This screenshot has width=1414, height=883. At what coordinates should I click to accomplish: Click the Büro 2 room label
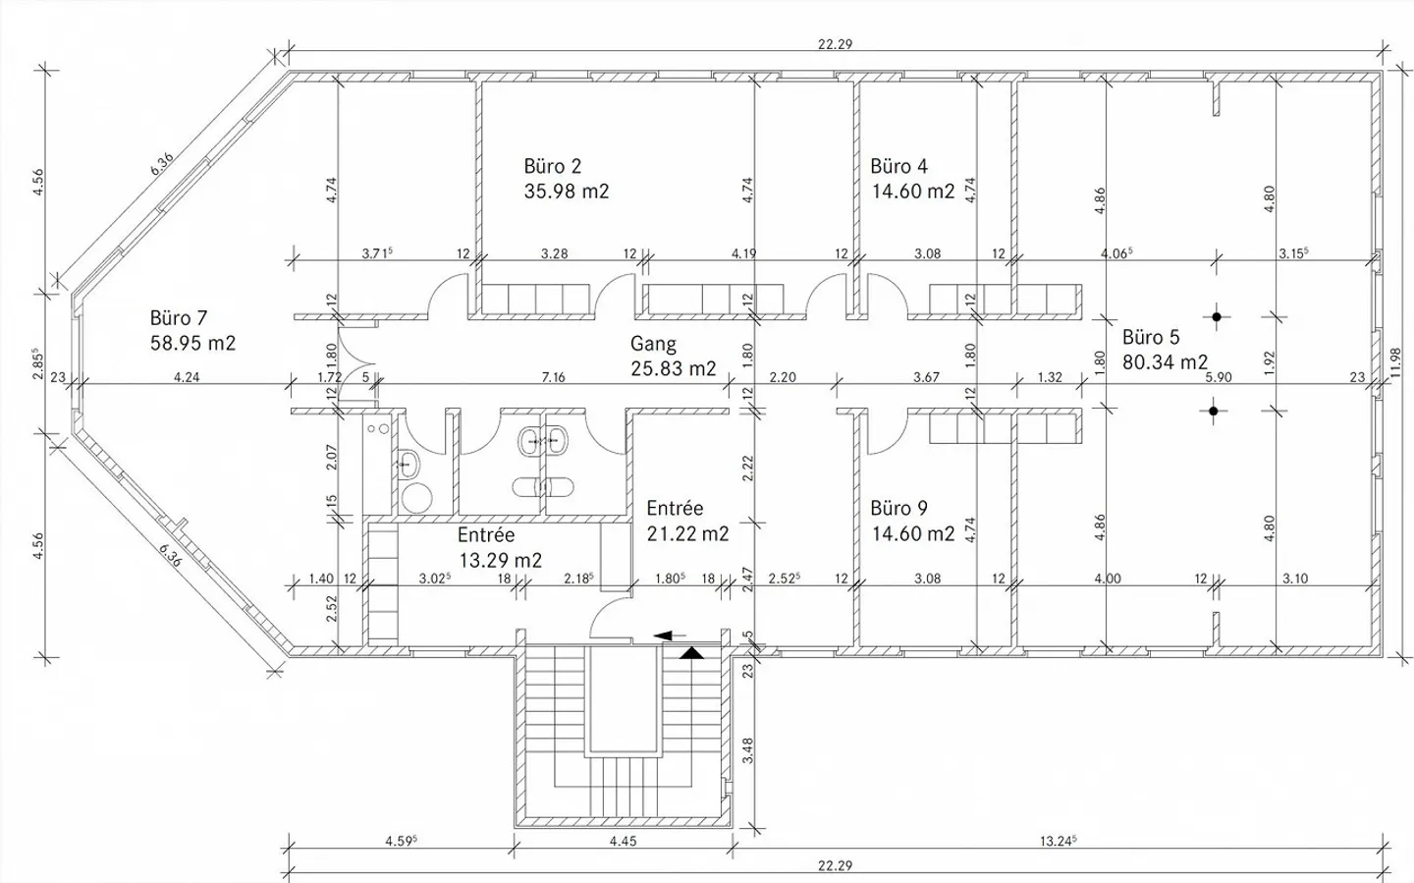coord(553,166)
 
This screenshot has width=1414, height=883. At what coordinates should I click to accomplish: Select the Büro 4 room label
coord(898,166)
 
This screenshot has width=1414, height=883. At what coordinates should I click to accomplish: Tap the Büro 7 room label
coord(179,318)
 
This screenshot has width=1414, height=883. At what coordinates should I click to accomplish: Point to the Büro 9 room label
coord(898,508)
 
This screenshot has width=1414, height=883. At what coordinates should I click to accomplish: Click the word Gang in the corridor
coord(653,344)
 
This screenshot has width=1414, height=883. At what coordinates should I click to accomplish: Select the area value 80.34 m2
coord(1165,361)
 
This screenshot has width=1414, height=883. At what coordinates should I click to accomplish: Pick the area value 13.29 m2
coord(500,560)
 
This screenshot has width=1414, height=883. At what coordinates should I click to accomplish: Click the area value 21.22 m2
coord(687,533)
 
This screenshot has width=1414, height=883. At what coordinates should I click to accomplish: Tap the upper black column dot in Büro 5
coord(1217,316)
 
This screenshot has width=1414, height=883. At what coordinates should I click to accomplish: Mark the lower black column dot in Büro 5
coord(1214,412)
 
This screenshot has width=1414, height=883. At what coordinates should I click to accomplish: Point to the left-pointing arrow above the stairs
coord(670,635)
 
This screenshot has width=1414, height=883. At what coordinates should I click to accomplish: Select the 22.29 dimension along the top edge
coord(834,43)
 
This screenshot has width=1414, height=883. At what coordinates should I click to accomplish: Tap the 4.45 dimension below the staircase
coord(623,841)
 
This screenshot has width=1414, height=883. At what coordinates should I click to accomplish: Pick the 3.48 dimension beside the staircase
coord(747,750)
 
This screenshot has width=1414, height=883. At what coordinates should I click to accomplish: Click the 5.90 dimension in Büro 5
coord(1218,376)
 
